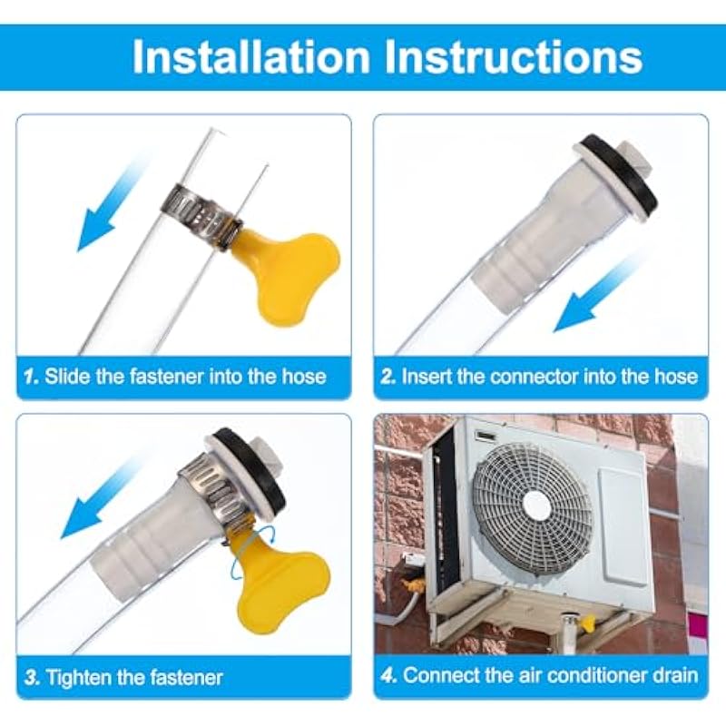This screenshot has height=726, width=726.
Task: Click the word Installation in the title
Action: pos(250,57)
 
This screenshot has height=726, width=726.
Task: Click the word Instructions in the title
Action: pos(514,57)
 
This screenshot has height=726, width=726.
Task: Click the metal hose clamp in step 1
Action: pos(201,214)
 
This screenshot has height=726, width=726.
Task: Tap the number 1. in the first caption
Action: pos(32,376)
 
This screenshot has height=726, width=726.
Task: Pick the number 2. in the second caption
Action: pos(388,376)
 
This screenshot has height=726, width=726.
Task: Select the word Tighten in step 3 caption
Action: pos(78,678)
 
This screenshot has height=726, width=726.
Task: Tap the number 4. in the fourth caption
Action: pos(388,675)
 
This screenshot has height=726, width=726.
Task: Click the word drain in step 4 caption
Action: pos(675,675)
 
